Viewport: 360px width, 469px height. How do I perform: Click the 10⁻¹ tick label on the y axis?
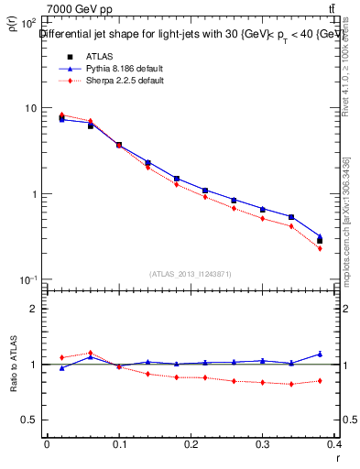[x=27, y=280]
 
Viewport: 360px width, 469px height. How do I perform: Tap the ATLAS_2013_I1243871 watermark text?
[x=191, y=274]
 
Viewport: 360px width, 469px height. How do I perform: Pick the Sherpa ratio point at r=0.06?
[x=90, y=353]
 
